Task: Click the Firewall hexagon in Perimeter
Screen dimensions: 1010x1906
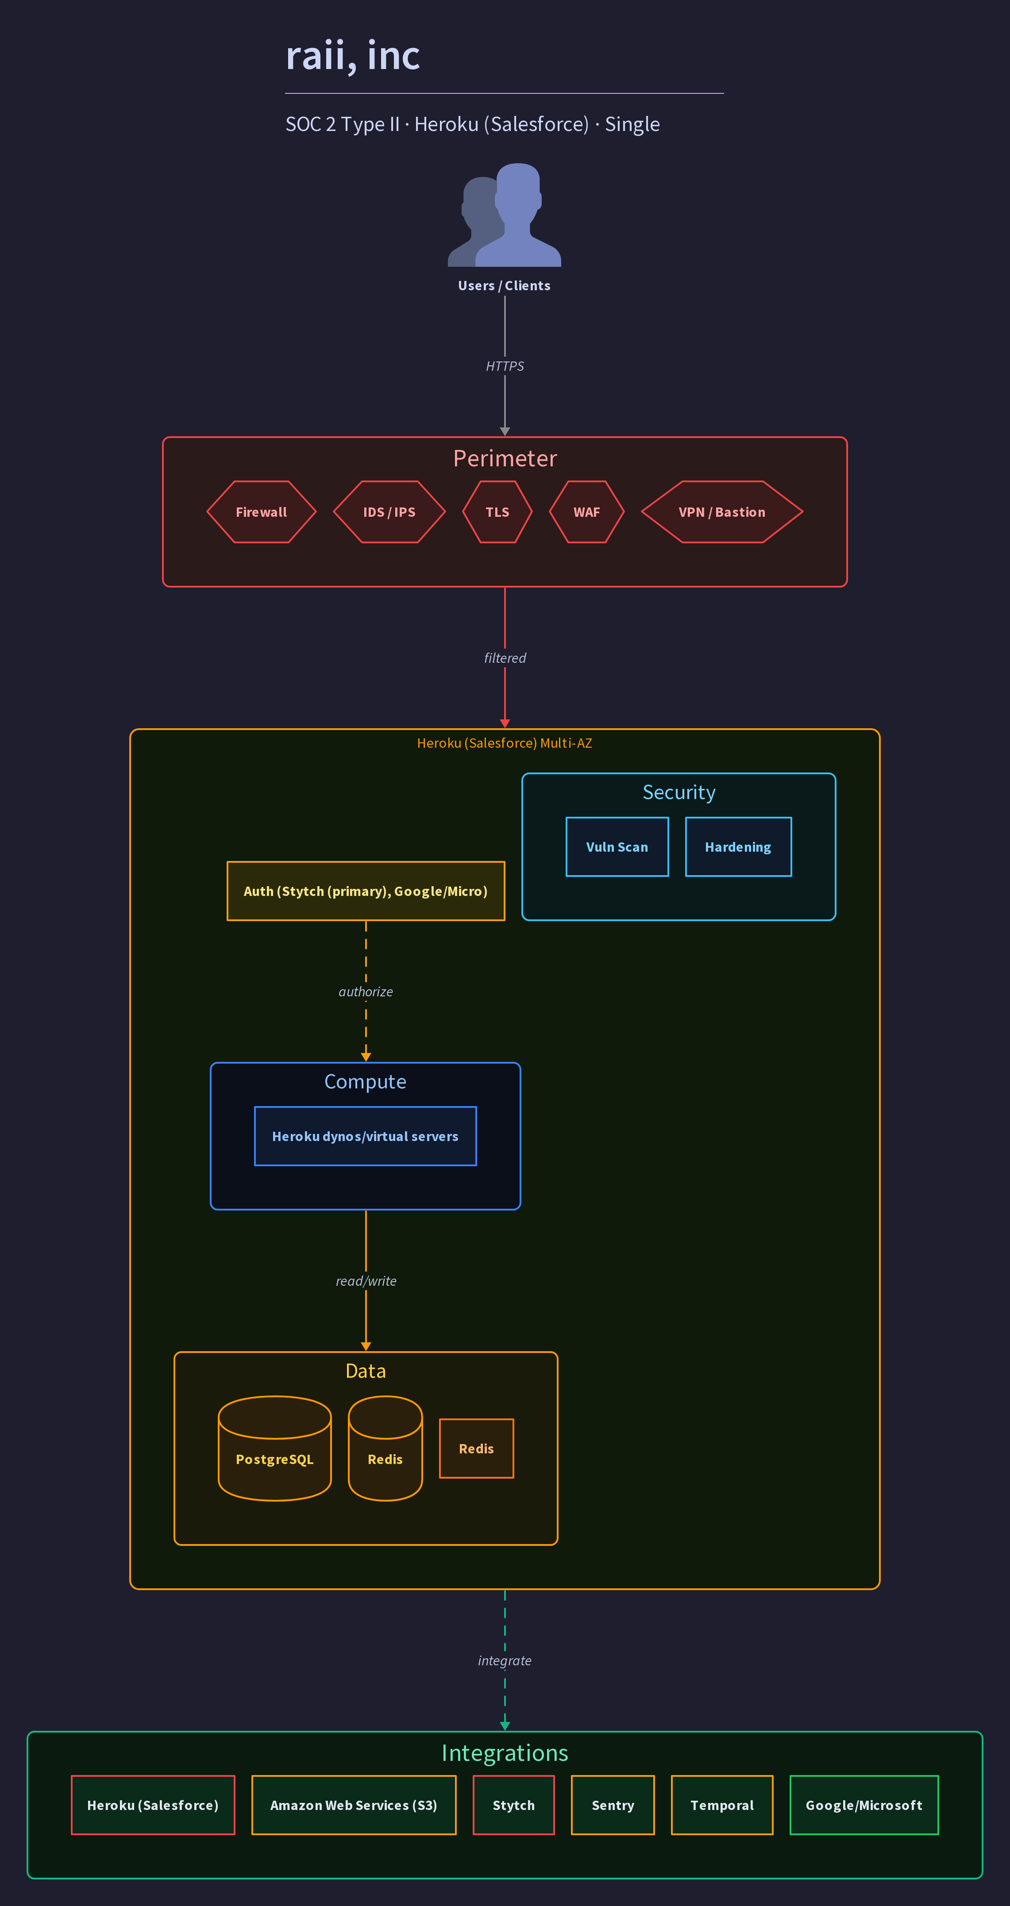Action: point(261,512)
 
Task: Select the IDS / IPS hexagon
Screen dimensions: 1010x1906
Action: point(389,512)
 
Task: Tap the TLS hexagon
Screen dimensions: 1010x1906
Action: point(497,512)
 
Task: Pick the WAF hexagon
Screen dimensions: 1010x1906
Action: point(587,512)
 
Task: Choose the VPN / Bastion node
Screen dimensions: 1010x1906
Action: point(722,512)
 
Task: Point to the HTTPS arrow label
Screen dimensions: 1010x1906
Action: point(505,366)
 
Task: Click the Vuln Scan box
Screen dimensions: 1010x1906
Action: point(617,847)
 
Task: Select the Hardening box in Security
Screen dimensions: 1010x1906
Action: point(738,847)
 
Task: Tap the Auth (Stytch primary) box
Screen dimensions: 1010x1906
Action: point(366,891)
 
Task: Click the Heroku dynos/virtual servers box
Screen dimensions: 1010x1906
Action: point(366,1137)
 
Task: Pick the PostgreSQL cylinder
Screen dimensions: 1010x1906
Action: point(274,1449)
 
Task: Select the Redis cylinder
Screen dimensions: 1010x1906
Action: point(385,1449)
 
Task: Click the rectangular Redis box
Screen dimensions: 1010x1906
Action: point(477,1449)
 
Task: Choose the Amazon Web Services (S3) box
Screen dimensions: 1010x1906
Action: point(354,1806)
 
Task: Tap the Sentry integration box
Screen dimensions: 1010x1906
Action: point(613,1806)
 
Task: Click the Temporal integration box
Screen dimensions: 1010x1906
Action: point(722,1806)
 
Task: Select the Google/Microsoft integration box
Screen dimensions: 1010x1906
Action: point(864,1806)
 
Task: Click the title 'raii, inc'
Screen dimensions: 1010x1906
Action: point(353,55)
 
